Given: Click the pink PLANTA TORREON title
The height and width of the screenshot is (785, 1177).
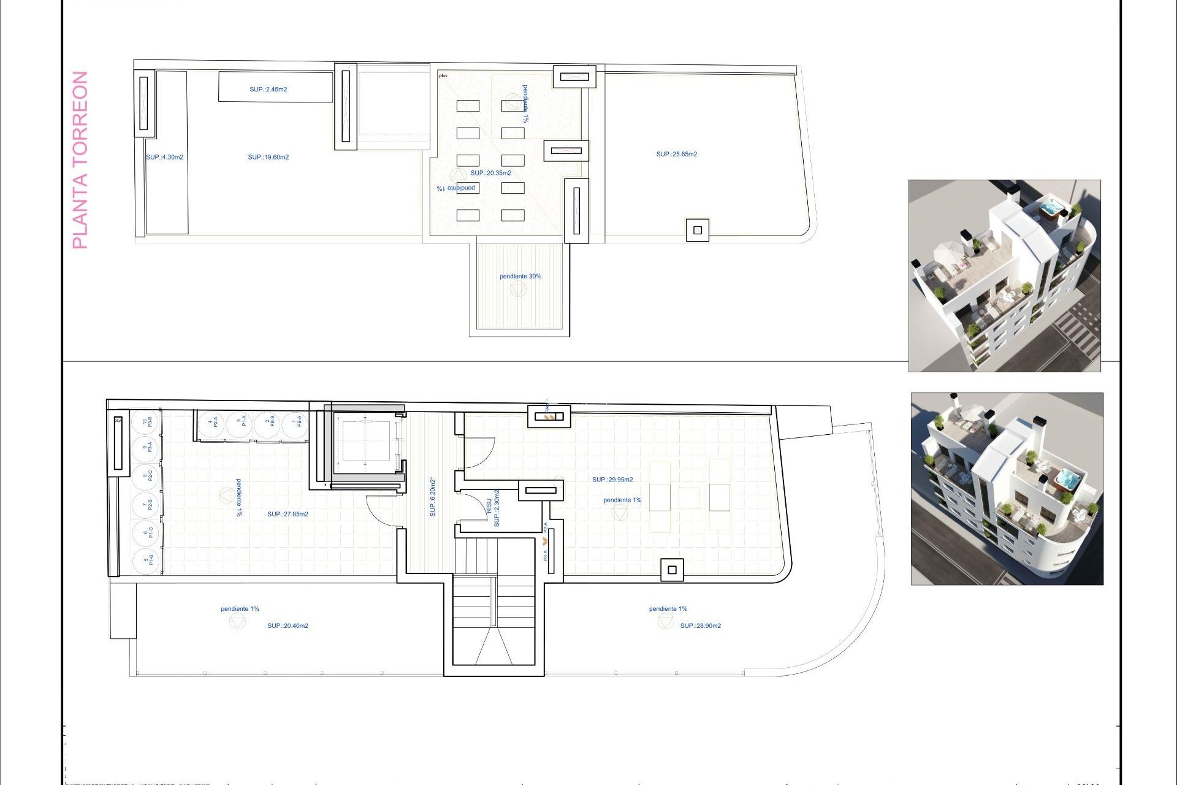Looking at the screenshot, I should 80,160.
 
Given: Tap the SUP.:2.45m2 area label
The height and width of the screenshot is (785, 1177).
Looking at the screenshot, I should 268,90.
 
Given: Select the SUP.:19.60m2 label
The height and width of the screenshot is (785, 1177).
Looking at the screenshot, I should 268,158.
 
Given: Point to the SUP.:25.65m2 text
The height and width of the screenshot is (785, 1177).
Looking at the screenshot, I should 676,155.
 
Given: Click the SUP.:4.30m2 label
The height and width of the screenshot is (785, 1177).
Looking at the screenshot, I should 164,158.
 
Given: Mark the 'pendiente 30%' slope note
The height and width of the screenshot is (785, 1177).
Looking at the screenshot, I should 520,277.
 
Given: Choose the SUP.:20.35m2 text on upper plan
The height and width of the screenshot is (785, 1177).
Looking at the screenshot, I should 490,173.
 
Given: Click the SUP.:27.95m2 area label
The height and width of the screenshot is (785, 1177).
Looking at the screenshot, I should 288,515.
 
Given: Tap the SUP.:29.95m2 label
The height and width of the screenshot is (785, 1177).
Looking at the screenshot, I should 612,480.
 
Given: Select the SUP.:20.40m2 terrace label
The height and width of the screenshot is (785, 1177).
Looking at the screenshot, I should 288,626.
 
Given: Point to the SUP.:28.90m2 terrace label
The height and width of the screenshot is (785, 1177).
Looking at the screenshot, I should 700,626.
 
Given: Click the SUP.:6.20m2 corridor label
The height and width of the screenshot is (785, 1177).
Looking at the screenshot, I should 433,497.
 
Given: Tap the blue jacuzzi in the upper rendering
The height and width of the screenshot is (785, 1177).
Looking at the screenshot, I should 1050,209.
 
